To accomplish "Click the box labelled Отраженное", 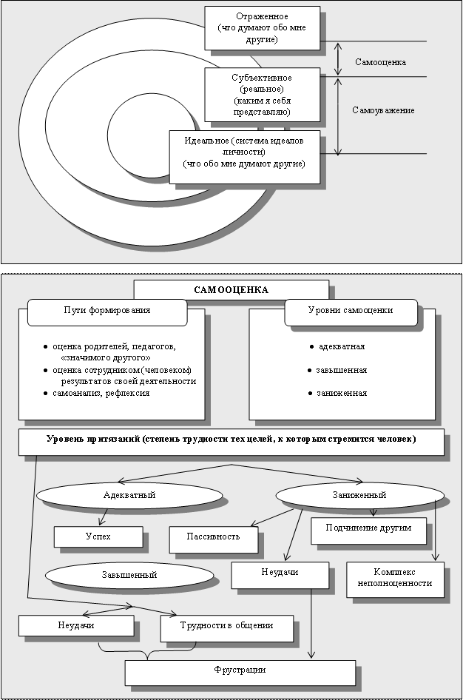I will pyautogui.click(x=262, y=27).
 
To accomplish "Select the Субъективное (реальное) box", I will pyautogui.click(x=260, y=95).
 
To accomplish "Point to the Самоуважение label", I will pyautogui.click(x=383, y=110).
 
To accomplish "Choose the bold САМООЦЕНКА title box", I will pyautogui.click(x=231, y=289).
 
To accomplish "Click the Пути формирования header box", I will pyautogui.click(x=107, y=311).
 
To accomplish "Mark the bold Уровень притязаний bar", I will pyautogui.click(x=231, y=440).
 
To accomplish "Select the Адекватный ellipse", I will pyautogui.click(x=129, y=494).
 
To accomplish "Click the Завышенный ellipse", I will pyautogui.click(x=129, y=573).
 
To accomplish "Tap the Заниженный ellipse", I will pyautogui.click(x=359, y=494).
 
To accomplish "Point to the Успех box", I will pyautogui.click(x=98, y=536).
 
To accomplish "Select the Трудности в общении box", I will pyautogui.click(x=226, y=626).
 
